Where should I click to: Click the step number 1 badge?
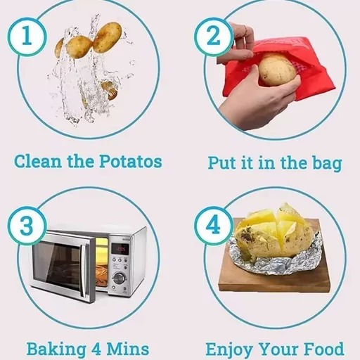27,37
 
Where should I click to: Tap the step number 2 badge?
213,37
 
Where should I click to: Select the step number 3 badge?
27,226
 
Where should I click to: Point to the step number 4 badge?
213,226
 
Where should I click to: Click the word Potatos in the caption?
131,162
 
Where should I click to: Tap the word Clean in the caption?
38,162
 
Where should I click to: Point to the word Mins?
128,349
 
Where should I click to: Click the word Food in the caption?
326,349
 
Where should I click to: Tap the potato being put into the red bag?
277,70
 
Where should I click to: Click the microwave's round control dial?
119,278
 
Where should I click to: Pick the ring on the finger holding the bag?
245,29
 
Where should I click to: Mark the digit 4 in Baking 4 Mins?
96,349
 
